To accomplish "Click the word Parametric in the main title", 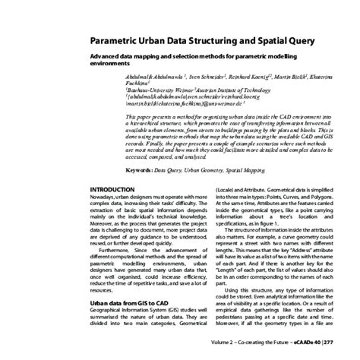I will point(115,41).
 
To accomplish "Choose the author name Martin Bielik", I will point(288,77).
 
